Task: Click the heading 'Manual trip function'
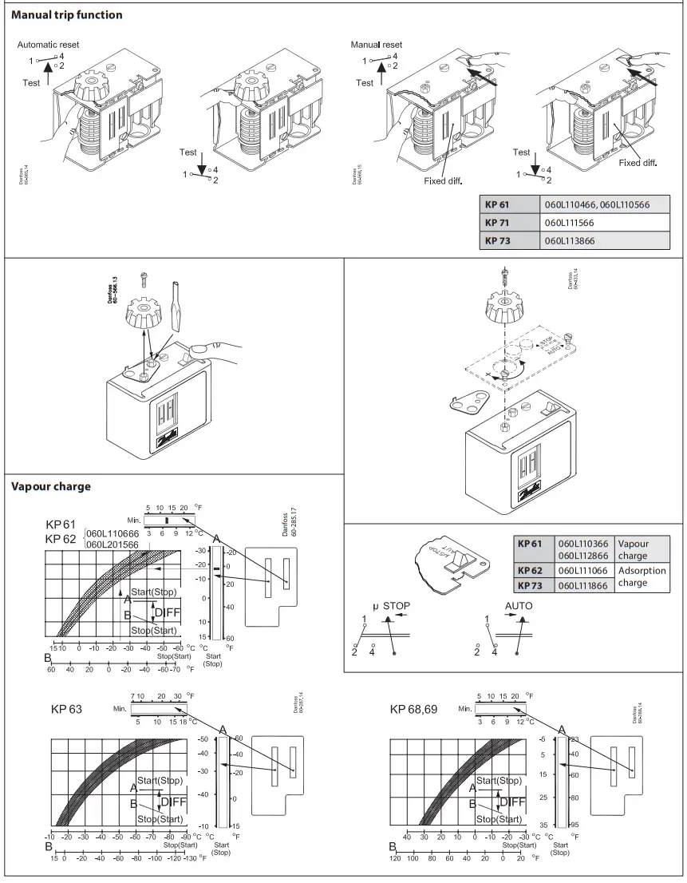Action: (67, 15)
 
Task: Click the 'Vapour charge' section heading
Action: (51, 486)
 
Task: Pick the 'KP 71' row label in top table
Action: (503, 222)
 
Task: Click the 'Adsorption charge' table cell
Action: (642, 577)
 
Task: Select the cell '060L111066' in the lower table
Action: (582, 572)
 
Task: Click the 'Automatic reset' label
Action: (48, 45)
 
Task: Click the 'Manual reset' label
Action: (377, 45)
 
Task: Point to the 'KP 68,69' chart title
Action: (413, 709)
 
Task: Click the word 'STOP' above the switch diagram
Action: (396, 606)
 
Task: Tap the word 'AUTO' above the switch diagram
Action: (519, 606)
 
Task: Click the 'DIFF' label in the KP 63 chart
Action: (175, 802)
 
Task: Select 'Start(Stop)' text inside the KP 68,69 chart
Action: (499, 780)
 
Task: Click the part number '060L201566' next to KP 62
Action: (113, 544)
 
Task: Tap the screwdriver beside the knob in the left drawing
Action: (176, 306)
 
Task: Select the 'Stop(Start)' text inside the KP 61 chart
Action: (154, 631)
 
